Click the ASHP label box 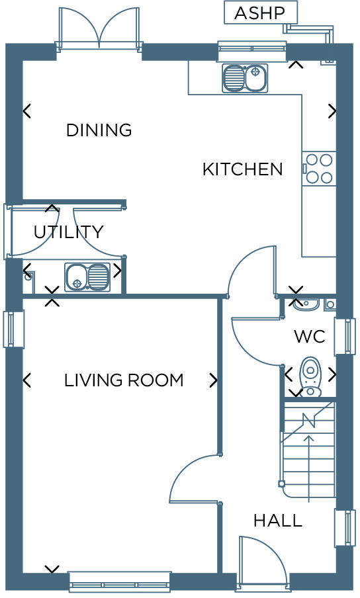click(x=260, y=13)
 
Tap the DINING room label click(x=99, y=130)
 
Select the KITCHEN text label click(x=242, y=169)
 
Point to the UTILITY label click(x=68, y=232)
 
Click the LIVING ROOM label click(x=123, y=380)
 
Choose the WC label click(x=309, y=337)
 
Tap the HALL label click(x=277, y=521)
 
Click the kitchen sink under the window click(x=245, y=78)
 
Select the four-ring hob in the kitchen click(x=319, y=169)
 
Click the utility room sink click(x=87, y=277)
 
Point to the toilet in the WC click(x=310, y=376)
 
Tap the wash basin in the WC click(x=306, y=304)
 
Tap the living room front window click(x=120, y=581)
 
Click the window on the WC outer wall click(x=345, y=336)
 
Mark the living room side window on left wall click(x=13, y=329)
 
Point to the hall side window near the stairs click(x=345, y=527)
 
